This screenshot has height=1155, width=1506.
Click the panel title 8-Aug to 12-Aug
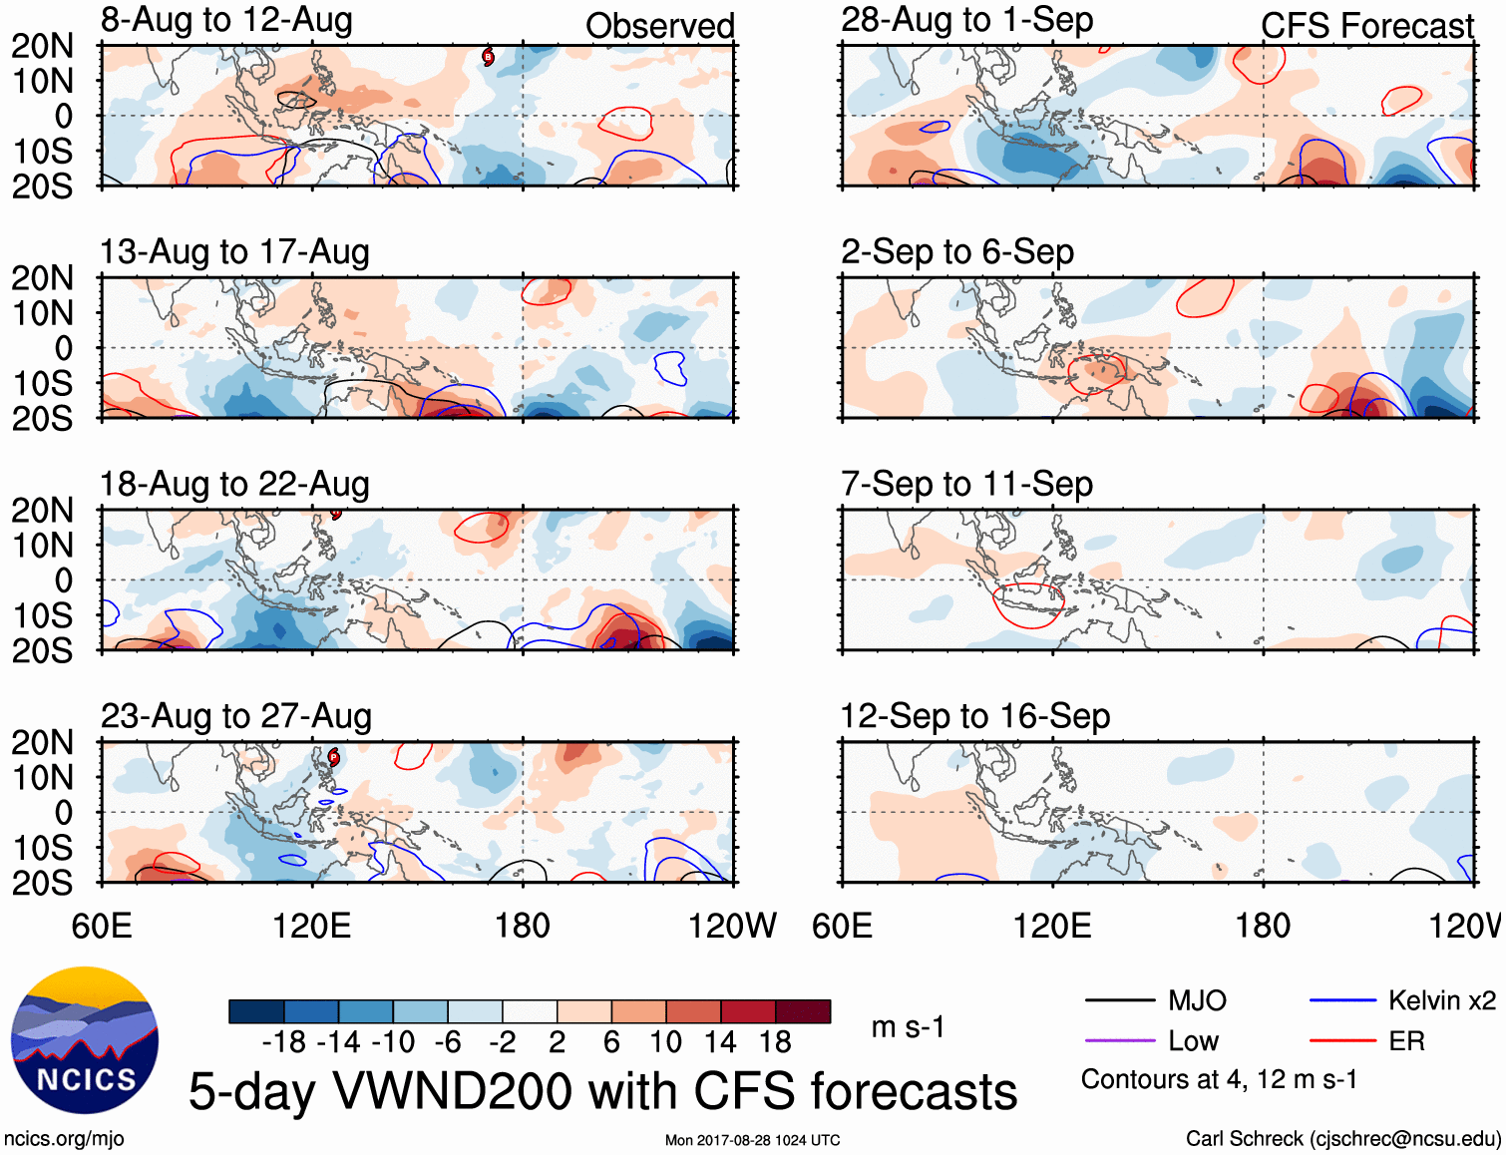(226, 20)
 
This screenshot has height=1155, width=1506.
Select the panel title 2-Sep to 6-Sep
(956, 251)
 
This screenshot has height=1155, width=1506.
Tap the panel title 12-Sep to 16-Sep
(974, 716)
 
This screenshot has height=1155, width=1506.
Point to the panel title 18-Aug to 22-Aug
(234, 484)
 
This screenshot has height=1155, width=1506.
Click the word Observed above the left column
(659, 26)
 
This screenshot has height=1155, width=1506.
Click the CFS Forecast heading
(1366, 26)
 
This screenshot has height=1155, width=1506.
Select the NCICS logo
(85, 1040)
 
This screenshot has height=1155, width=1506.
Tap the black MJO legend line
(1119, 1000)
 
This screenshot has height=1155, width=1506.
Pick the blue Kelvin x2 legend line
(1342, 1000)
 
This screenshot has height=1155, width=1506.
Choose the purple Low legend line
(1119, 1041)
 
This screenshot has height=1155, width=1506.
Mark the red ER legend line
(1342, 1041)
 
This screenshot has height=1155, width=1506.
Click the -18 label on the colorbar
(283, 1042)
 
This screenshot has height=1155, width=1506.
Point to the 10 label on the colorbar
(665, 1042)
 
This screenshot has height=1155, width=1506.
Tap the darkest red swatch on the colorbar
(803, 1011)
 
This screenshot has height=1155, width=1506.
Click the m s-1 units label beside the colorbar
(908, 1027)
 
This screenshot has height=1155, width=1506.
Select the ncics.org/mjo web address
(64, 1139)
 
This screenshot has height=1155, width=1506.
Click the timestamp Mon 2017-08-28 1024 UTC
(752, 1140)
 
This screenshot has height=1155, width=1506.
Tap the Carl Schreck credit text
(1342, 1139)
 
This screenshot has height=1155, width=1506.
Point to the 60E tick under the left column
(102, 926)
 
